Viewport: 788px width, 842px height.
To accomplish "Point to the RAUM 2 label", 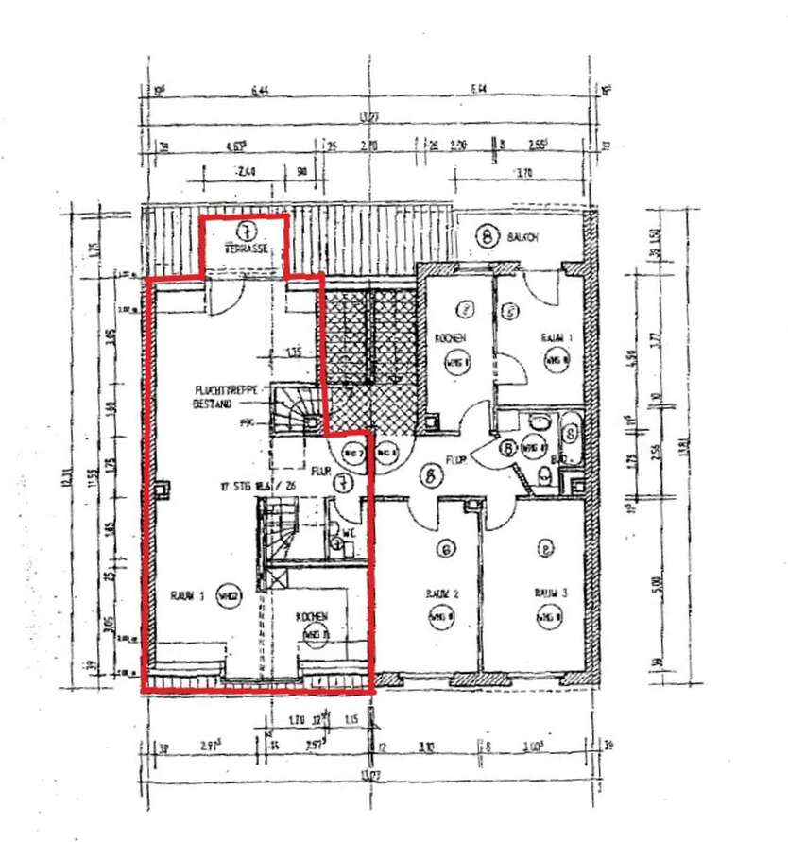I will (x=442, y=593).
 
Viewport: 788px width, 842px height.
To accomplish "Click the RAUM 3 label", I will (x=550, y=593).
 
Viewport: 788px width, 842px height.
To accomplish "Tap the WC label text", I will (x=349, y=532).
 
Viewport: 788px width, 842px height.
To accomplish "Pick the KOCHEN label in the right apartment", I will (x=450, y=338).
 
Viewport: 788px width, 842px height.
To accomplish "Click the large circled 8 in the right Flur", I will (x=431, y=477).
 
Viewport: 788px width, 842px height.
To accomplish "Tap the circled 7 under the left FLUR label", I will (x=345, y=483).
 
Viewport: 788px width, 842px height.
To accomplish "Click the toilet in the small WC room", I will (x=337, y=542).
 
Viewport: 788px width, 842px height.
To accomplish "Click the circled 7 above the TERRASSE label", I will (x=245, y=229).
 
